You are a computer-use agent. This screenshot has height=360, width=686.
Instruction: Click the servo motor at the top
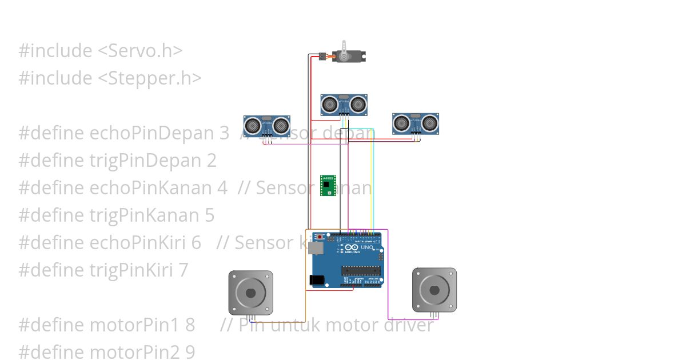pyautogui.click(x=349, y=56)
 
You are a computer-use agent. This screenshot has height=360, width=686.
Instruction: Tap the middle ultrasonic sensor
pyautogui.click(x=343, y=105)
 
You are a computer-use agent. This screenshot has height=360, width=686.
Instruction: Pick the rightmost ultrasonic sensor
pyautogui.click(x=416, y=123)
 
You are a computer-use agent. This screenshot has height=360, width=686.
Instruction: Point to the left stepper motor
pyautogui.click(x=250, y=293)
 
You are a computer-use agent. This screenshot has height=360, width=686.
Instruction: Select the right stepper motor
pyautogui.click(x=434, y=290)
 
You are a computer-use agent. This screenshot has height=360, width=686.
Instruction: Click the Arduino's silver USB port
pyautogui.click(x=314, y=247)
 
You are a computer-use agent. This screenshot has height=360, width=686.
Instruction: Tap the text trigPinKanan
pyautogui.click(x=145, y=215)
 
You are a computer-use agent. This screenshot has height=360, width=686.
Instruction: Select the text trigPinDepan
pyautogui.click(x=146, y=161)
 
